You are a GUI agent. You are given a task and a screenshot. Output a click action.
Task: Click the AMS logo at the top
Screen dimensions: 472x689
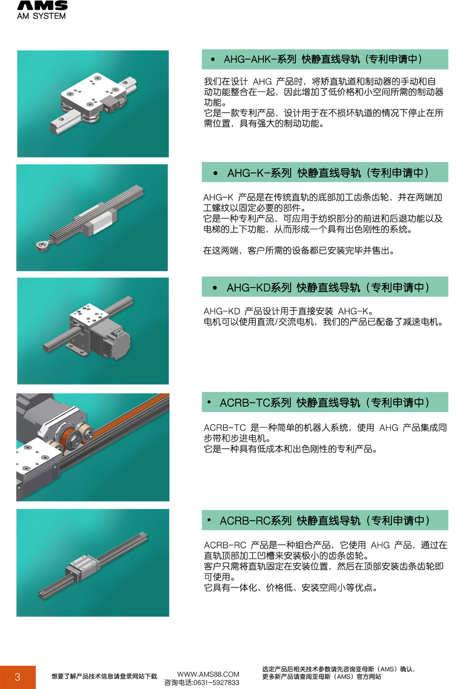coord(42,6)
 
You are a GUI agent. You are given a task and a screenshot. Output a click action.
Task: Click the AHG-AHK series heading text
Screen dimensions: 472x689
coord(323,59)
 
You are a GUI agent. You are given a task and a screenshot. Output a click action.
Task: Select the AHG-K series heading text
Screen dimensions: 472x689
coord(328,173)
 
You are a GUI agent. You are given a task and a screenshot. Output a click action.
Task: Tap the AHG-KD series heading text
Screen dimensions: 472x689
coord(328,287)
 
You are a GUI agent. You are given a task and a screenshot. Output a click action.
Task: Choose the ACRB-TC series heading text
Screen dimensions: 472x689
coord(324,403)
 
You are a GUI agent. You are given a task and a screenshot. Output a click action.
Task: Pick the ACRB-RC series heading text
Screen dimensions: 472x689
coord(324,521)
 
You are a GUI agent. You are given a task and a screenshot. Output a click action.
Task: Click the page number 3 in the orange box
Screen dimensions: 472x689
coord(17,677)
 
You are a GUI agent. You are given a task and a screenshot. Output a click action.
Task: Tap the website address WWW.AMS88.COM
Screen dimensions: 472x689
coord(208,674)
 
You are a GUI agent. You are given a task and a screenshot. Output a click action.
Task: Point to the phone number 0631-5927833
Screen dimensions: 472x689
coord(216,682)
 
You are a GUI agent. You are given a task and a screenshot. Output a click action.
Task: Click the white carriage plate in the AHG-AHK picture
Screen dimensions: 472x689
coord(89,89)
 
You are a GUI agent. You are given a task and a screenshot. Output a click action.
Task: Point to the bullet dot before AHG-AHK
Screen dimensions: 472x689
coord(213,59)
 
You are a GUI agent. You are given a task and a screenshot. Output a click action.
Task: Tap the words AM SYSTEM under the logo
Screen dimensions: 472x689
coord(42,16)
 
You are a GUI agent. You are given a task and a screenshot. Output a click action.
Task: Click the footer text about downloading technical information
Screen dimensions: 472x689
coord(104,676)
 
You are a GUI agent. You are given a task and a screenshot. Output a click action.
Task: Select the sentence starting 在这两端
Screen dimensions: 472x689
coord(298,251)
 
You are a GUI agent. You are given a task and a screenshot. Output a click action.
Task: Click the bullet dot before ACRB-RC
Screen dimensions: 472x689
coord(209,520)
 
